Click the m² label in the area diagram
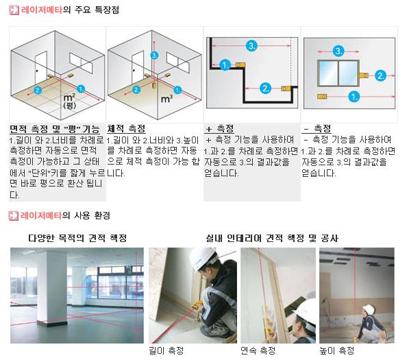(x=69, y=97)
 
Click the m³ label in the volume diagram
(x=166, y=99)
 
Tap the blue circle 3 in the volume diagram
(x=155, y=56)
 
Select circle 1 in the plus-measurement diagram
(x=225, y=64)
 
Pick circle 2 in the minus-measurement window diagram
(x=380, y=75)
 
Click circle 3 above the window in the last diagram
(x=338, y=51)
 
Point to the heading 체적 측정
(x=126, y=128)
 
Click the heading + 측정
(x=220, y=128)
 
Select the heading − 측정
(x=317, y=128)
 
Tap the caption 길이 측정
(x=166, y=350)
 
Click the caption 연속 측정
(x=258, y=350)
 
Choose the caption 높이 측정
(x=337, y=350)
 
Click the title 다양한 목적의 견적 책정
(x=77, y=238)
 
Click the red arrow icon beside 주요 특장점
(x=14, y=10)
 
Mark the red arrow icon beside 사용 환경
(x=13, y=215)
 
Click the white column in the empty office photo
(x=51, y=287)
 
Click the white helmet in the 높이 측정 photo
(x=369, y=309)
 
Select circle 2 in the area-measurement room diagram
(x=38, y=91)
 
